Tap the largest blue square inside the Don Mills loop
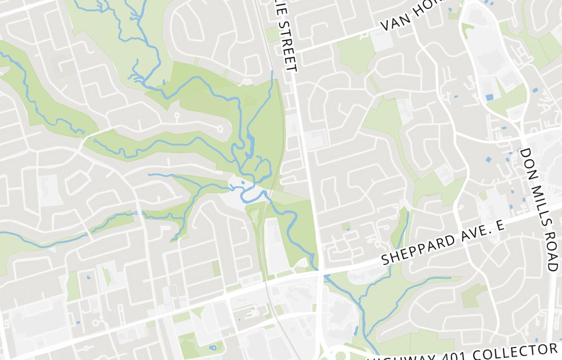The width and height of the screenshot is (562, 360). tap(489, 97)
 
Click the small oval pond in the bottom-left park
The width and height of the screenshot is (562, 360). tap(212, 348)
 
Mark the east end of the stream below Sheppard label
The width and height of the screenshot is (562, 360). tap(461, 277)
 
